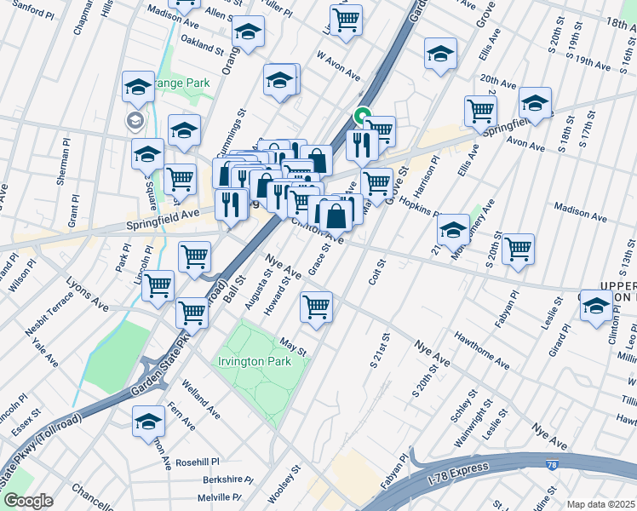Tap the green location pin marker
tap(363, 116)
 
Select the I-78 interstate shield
tap(553, 464)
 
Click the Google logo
tap(28, 501)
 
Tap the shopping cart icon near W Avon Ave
tap(346, 20)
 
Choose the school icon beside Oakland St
tap(249, 32)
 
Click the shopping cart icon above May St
tap(317, 307)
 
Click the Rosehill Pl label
tap(198, 462)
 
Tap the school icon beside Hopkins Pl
tap(453, 229)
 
